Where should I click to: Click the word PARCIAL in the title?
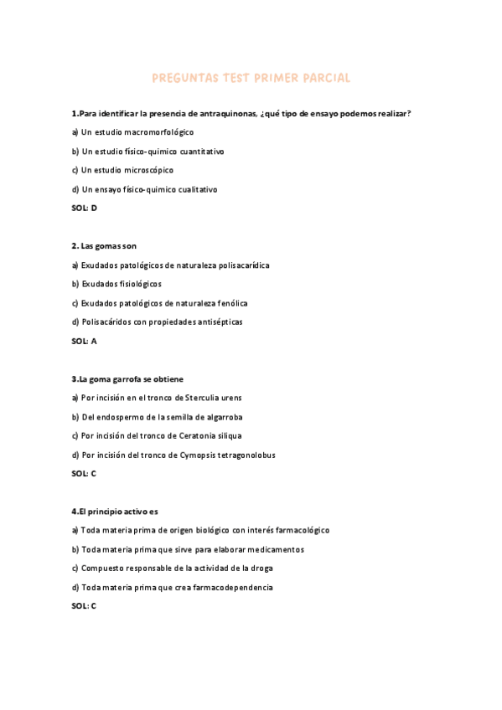(323, 78)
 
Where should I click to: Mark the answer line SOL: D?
(85, 208)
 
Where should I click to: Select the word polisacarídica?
(241, 265)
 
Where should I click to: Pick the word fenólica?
(230, 303)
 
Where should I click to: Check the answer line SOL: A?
(85, 341)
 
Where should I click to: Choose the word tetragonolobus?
(243, 455)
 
